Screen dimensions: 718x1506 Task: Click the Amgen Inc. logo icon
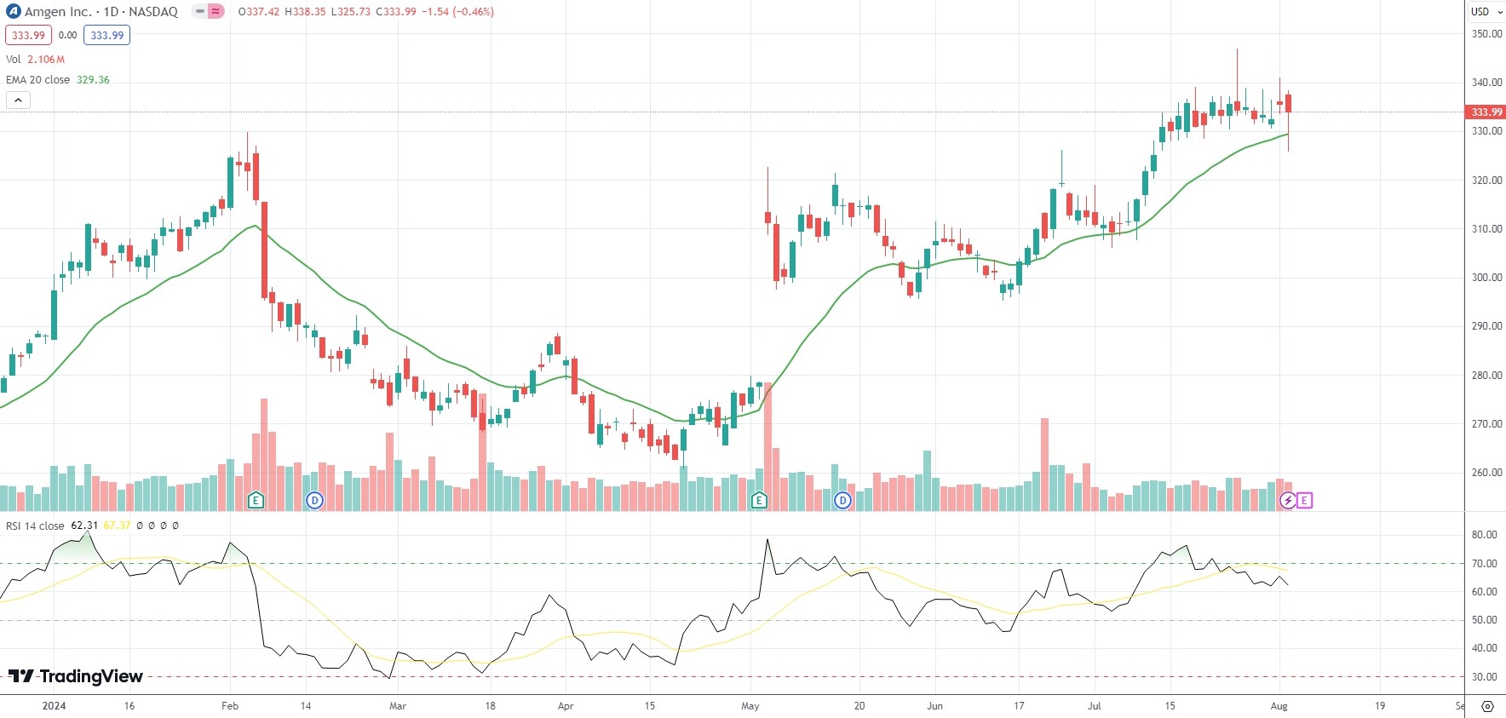(14, 12)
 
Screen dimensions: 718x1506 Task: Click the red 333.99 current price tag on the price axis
(1486, 112)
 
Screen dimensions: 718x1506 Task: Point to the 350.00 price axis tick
(1486, 34)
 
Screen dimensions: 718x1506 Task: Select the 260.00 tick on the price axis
(1486, 473)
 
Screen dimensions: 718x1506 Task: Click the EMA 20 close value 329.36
(93, 80)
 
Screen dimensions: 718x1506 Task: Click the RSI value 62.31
(84, 526)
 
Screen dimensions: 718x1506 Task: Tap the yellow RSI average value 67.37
(117, 526)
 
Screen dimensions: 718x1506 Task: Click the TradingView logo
(76, 676)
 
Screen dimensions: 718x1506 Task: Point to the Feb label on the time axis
(230, 706)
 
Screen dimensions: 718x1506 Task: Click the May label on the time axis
(750, 706)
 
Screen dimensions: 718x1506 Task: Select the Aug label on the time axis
(1279, 706)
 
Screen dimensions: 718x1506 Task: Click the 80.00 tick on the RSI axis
(1484, 535)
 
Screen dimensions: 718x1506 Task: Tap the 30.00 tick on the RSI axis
(1484, 677)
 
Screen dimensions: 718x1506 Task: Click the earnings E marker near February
(256, 500)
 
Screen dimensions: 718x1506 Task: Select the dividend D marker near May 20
(842, 500)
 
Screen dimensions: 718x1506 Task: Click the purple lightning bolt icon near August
(1288, 500)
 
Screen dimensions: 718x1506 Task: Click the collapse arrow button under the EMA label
(18, 101)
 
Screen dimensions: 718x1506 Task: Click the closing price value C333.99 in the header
(396, 12)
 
